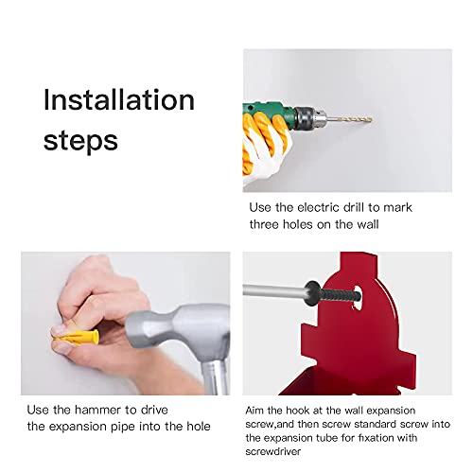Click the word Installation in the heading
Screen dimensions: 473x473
click(x=118, y=100)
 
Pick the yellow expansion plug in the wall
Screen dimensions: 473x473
click(x=76, y=335)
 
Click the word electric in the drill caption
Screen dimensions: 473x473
click(x=324, y=207)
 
